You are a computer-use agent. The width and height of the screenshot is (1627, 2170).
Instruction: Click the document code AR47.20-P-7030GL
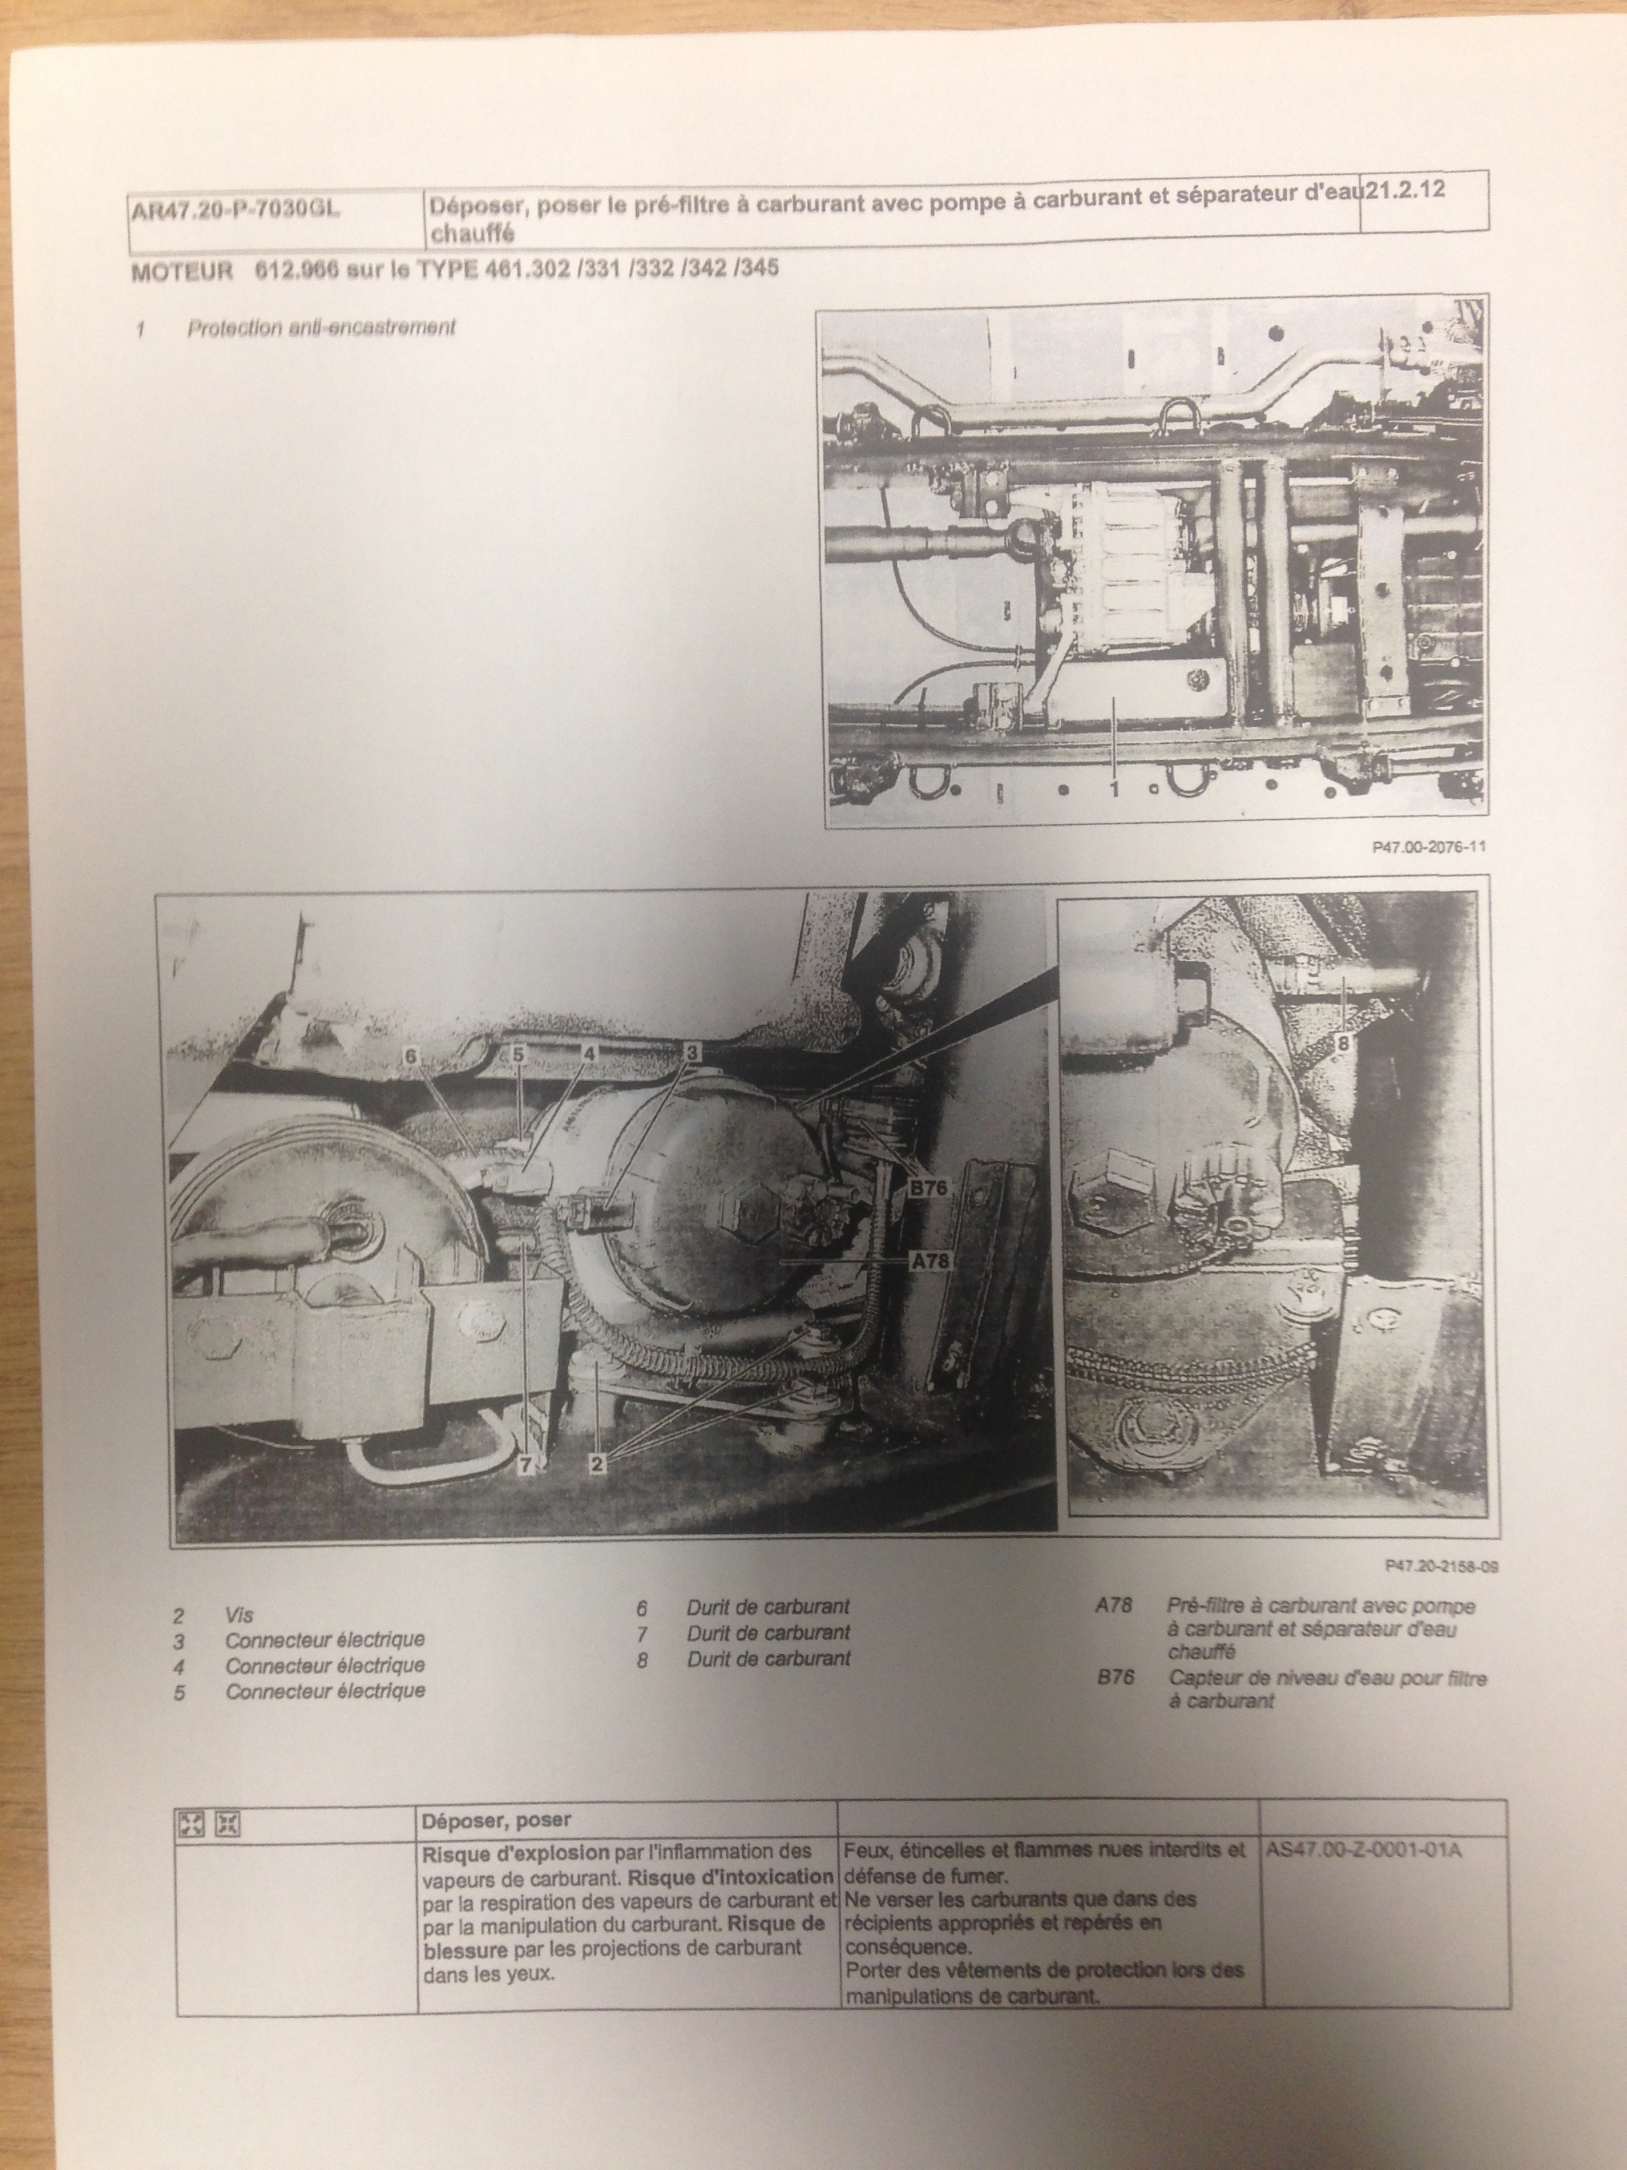point(235,210)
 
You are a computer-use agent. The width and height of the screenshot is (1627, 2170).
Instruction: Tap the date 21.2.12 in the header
point(1404,190)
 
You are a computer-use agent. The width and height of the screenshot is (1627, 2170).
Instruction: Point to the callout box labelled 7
point(526,1492)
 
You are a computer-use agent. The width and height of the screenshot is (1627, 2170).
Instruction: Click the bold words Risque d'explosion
point(516,1853)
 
